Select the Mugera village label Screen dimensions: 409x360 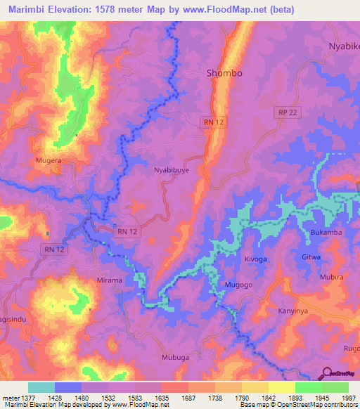click(x=49, y=161)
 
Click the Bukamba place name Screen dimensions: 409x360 click(x=324, y=232)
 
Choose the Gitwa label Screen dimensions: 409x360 click(x=311, y=257)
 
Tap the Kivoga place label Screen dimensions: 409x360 click(x=256, y=259)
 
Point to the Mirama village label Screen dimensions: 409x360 click(x=109, y=280)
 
